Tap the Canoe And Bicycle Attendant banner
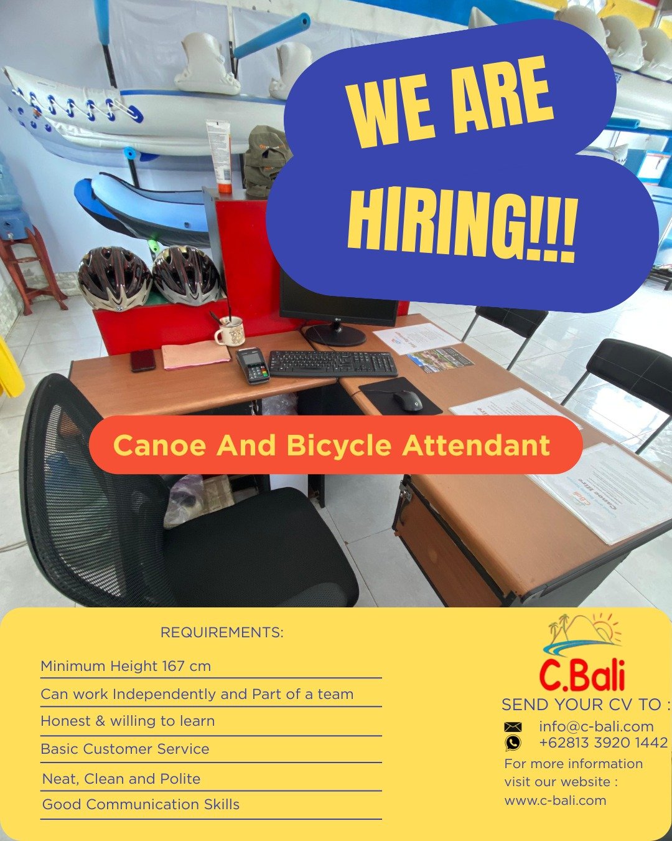(x=336, y=445)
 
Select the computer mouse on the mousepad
(x=408, y=401)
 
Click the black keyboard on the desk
(x=333, y=363)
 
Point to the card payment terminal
(x=253, y=366)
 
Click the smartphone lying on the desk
(x=142, y=360)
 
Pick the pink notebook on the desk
(x=195, y=354)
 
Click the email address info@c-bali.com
(x=596, y=726)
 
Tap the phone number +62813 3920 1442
(x=604, y=743)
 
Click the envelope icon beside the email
(x=513, y=727)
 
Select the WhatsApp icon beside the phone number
(x=513, y=743)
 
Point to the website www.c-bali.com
(x=555, y=801)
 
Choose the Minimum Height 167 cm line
(x=126, y=666)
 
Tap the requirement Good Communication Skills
(x=141, y=804)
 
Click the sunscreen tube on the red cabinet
(x=220, y=156)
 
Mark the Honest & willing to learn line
(x=128, y=721)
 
